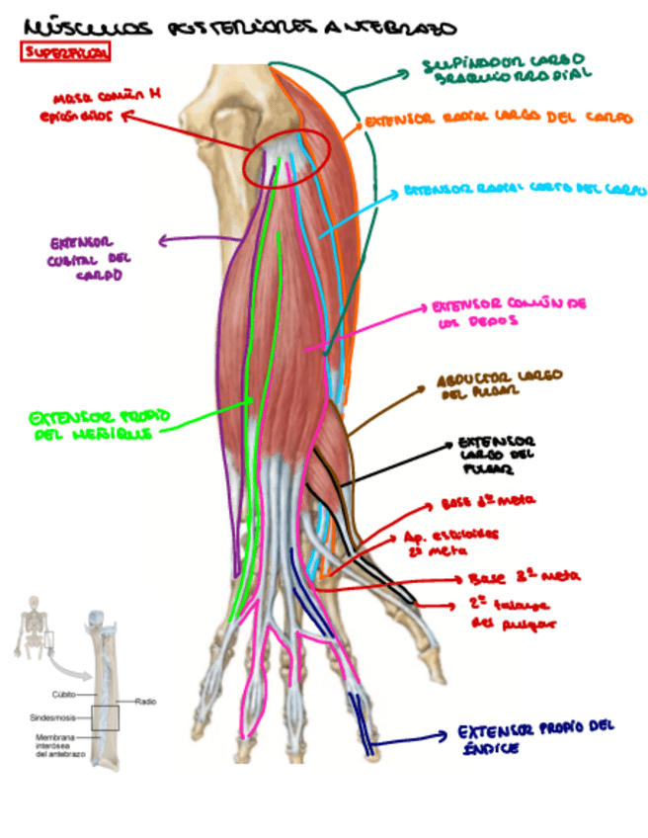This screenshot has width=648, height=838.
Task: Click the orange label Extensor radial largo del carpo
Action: (498, 120)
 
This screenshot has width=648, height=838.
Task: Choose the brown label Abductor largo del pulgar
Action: (499, 384)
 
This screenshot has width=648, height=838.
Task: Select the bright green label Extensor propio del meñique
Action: (93, 425)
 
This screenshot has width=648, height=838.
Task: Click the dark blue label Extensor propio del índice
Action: (534, 739)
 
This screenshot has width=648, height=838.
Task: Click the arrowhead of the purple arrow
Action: (162, 238)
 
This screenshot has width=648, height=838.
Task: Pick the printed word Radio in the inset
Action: (142, 701)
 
